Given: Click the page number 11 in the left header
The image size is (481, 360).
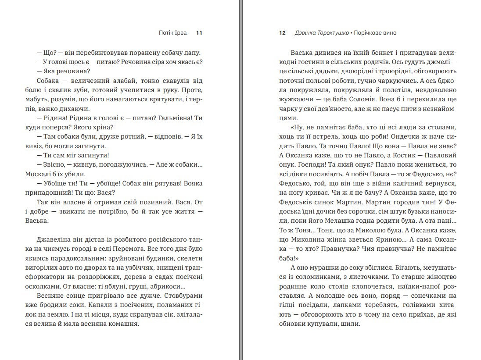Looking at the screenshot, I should [x=199, y=33].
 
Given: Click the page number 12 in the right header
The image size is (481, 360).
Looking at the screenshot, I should [x=283, y=33].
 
